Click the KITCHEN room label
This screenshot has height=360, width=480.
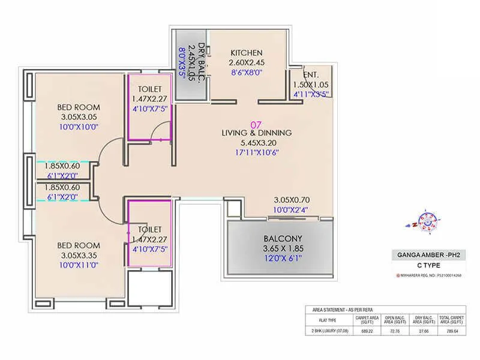[247, 52]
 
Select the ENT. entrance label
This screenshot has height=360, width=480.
[310, 75]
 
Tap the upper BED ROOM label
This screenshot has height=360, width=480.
[79, 107]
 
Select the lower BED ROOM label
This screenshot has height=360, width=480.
[79, 245]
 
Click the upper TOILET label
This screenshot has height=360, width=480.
[149, 89]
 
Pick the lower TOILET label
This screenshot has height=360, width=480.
[149, 229]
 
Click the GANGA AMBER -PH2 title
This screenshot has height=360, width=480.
[424, 255]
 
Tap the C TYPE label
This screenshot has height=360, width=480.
[424, 265]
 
